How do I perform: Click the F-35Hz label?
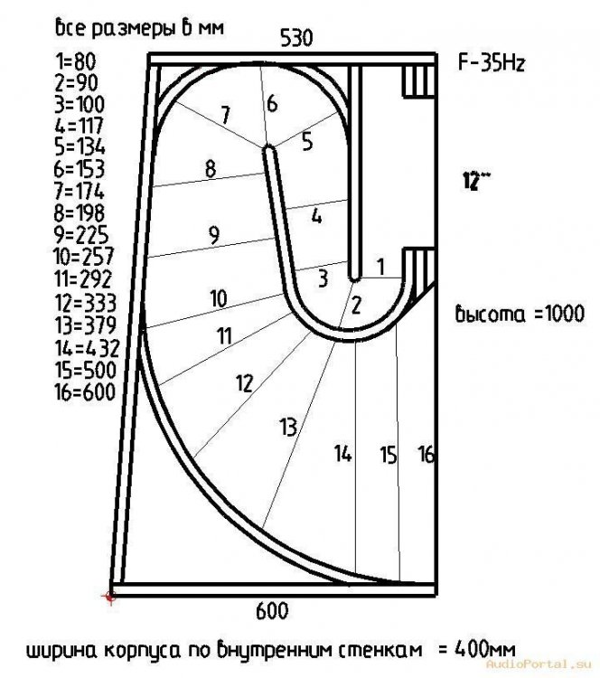coord(493,65)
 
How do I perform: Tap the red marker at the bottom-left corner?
coord(110,596)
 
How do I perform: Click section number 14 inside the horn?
coord(342,455)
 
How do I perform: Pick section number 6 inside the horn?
coord(272,104)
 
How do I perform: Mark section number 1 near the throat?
coord(380,266)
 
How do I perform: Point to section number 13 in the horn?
coord(288,426)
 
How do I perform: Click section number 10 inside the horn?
coord(218,297)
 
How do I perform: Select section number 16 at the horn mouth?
coord(427,455)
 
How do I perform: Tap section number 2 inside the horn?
coord(356,305)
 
